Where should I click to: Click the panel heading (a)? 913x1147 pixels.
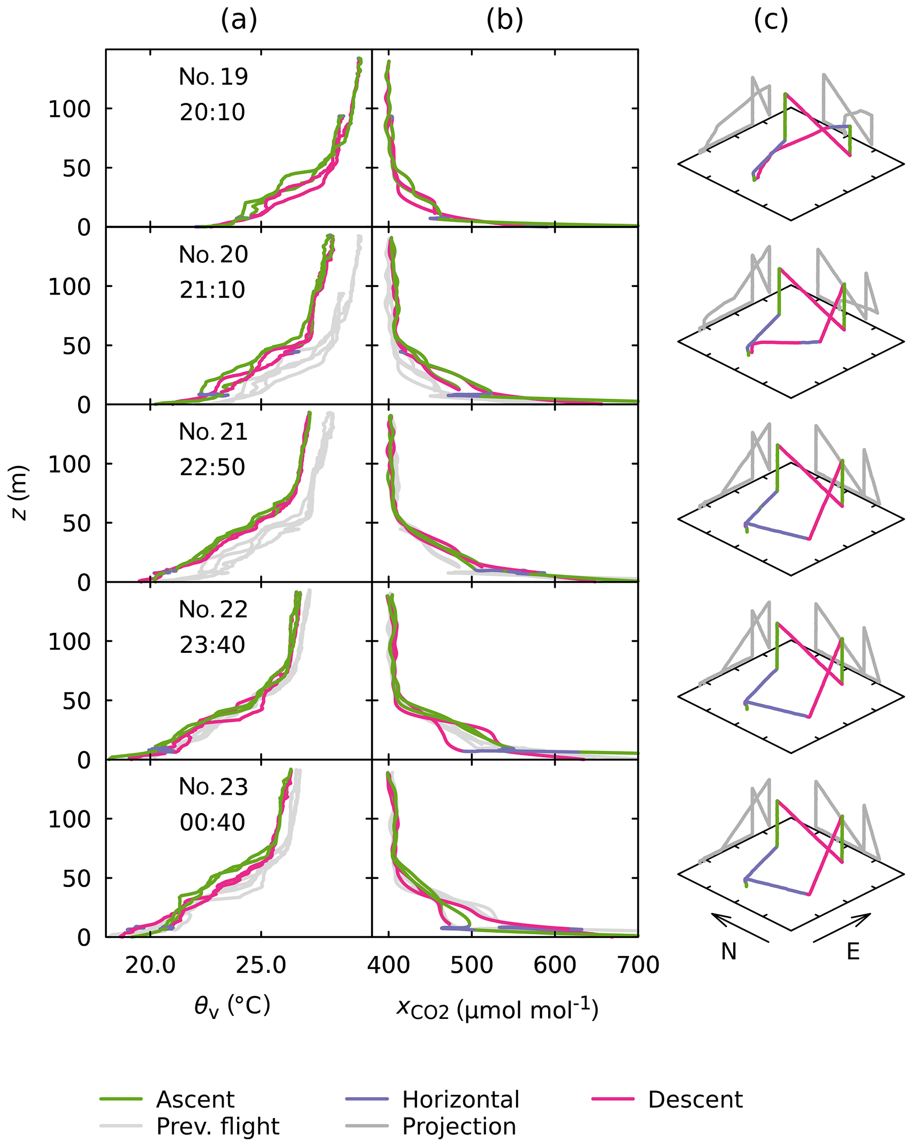click(239, 20)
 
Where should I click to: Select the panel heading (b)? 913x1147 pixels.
click(504, 20)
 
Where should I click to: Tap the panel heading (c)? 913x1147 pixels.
click(770, 20)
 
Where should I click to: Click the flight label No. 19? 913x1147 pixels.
click(213, 77)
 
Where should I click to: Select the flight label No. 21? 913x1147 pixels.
click(213, 432)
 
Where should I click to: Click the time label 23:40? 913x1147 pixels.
click(212, 645)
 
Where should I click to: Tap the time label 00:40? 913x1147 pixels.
click(212, 823)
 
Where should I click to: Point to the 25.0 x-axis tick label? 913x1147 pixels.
click(261, 965)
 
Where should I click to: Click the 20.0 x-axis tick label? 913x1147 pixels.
click(150, 965)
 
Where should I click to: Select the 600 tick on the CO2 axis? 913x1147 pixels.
click(554, 965)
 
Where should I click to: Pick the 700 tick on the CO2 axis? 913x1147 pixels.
click(637, 965)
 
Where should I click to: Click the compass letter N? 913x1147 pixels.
click(728, 951)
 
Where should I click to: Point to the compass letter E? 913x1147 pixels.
click(853, 951)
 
